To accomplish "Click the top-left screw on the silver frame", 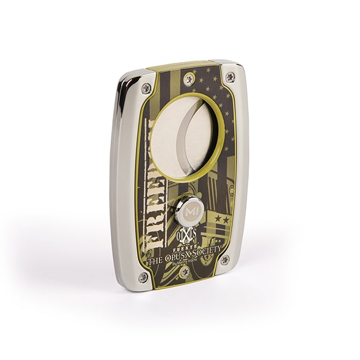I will [146, 88].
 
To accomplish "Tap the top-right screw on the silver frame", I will [230, 77].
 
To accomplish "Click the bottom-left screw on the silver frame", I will [143, 277].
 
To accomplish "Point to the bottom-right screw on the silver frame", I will [224, 260].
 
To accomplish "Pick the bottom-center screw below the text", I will [184, 272].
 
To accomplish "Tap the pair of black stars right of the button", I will [221, 219].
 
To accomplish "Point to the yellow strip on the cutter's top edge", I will [179, 64].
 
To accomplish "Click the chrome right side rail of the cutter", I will [241, 167].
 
